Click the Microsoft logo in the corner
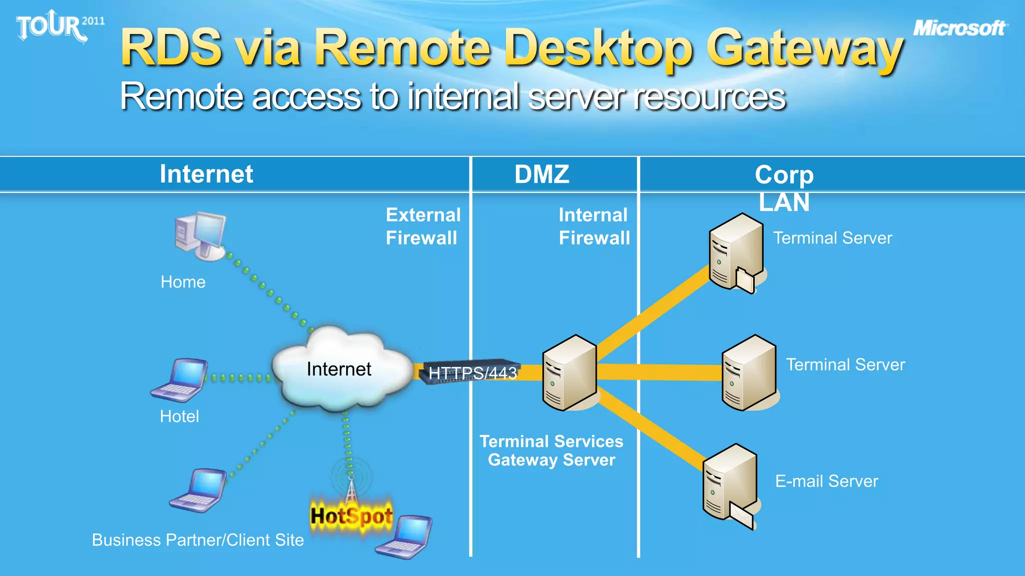coord(959,28)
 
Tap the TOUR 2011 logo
coord(59,26)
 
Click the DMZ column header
coord(542,174)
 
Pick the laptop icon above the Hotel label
coord(180,380)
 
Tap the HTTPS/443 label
coord(472,373)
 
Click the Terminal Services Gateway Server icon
coord(570,373)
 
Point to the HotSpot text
coord(351,516)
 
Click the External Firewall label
coord(423,226)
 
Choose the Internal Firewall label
coord(594,226)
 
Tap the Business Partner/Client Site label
coord(198,540)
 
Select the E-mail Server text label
coord(826,481)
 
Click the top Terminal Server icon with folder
coord(736,252)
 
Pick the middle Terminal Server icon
coord(749,373)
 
